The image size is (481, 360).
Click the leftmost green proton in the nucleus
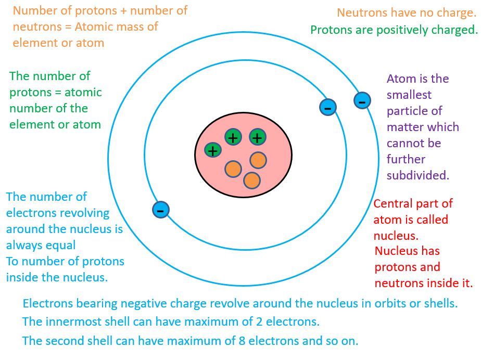point(212,150)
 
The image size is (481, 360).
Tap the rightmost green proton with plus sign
point(257,137)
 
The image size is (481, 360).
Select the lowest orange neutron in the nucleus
point(252,180)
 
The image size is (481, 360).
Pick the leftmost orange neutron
point(233,169)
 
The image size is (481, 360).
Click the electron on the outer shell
point(362,101)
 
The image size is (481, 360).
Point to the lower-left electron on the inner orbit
point(161,210)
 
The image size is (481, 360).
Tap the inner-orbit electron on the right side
point(327,108)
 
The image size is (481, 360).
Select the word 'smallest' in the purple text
point(409,95)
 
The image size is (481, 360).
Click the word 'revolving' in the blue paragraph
point(85,213)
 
